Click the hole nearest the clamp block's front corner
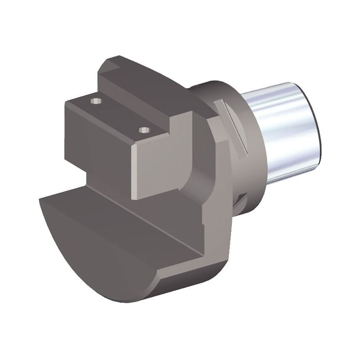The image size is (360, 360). tap(145, 129)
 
